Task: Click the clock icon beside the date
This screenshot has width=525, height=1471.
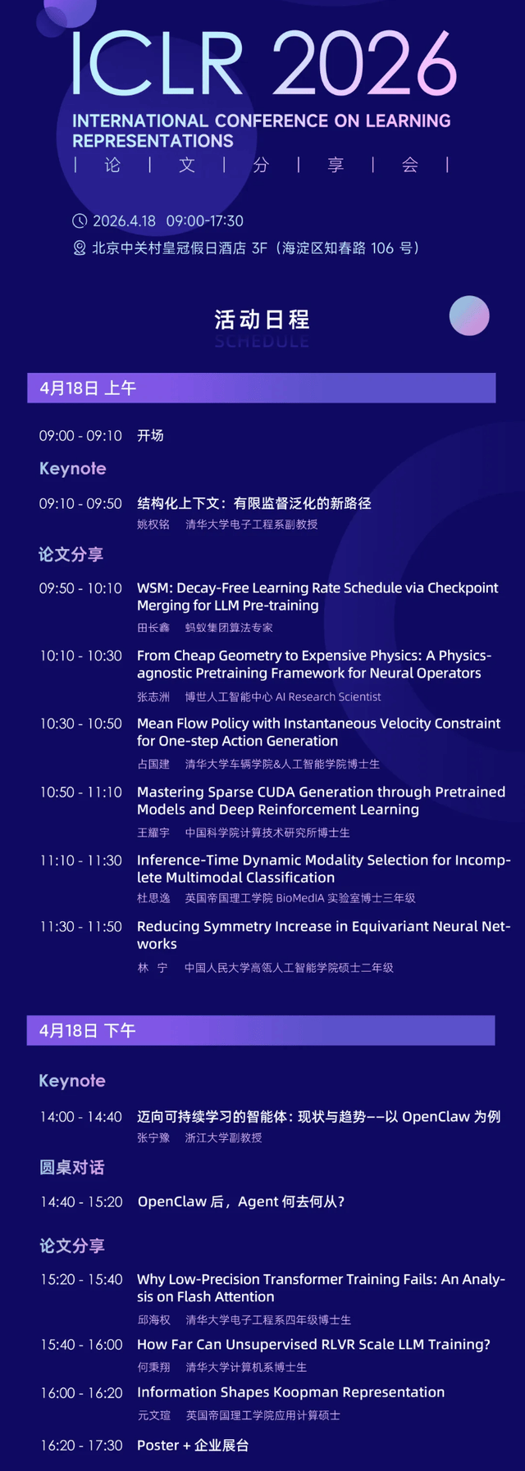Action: (x=80, y=221)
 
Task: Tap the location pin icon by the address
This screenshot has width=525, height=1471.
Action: (x=80, y=248)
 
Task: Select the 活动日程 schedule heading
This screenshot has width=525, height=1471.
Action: (x=262, y=319)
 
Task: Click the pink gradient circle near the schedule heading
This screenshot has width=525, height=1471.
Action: (x=469, y=316)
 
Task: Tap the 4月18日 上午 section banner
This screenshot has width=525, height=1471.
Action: (x=261, y=388)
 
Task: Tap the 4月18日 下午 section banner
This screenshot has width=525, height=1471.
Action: (x=261, y=1030)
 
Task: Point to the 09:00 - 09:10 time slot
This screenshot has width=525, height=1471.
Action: (x=80, y=436)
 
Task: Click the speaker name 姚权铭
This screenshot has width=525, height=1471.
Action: (x=153, y=524)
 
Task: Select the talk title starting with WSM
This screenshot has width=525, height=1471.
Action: (x=317, y=597)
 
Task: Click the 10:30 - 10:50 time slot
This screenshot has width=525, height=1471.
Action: (x=80, y=724)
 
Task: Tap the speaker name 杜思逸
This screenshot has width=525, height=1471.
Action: (x=153, y=898)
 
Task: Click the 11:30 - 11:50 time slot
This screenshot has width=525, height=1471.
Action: (x=80, y=927)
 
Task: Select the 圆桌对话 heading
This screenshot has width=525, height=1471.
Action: (x=72, y=1167)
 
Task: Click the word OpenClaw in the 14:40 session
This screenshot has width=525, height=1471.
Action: (x=171, y=1201)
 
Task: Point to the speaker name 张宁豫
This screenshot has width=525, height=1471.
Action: (x=153, y=1137)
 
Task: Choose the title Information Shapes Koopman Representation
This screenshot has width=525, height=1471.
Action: (x=290, y=1392)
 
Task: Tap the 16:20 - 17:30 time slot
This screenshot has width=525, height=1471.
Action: (x=80, y=1446)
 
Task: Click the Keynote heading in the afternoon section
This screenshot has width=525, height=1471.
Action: (x=72, y=1081)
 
